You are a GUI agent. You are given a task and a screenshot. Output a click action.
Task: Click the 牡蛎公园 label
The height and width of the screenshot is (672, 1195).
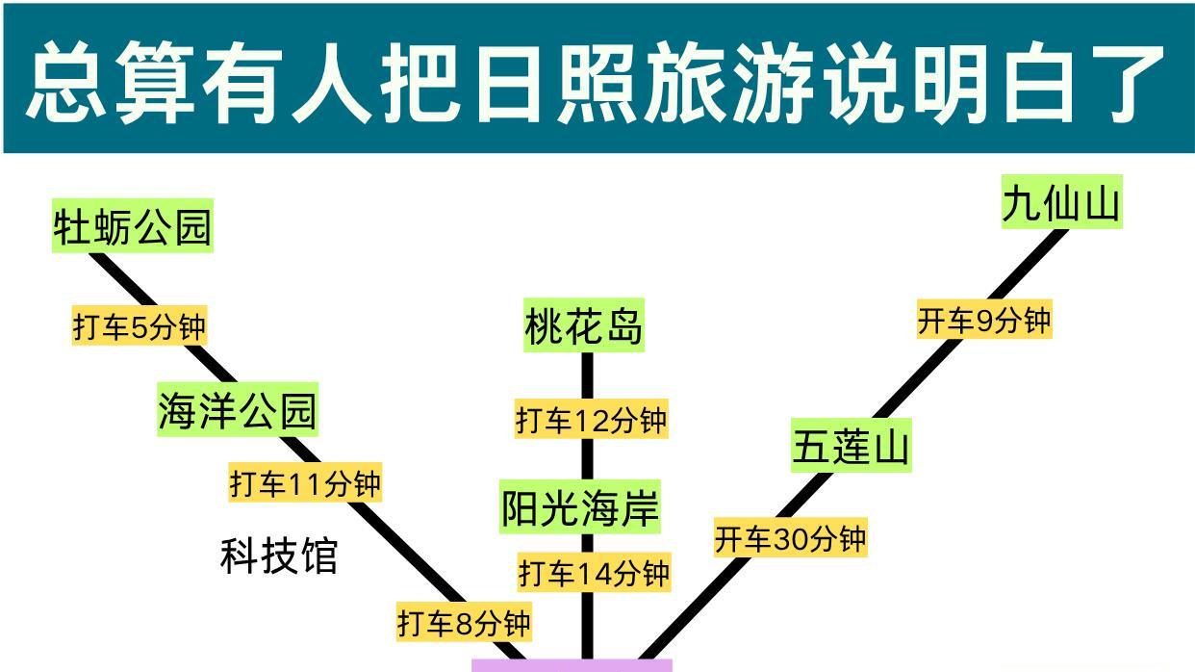[133, 228]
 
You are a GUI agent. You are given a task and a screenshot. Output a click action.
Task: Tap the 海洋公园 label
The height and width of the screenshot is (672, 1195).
[237, 411]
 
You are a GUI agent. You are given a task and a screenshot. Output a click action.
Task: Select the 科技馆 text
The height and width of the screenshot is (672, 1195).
[279, 556]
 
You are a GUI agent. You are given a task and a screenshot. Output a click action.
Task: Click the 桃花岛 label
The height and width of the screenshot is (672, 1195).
[584, 327]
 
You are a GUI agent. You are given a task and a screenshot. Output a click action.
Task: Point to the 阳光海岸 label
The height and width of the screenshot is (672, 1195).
[581, 508]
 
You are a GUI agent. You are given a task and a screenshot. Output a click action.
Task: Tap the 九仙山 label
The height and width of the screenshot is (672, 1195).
[1061, 204]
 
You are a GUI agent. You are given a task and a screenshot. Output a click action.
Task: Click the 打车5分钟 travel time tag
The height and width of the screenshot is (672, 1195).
[140, 327]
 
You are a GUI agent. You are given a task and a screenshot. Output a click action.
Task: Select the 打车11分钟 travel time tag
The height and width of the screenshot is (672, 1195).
[305, 482]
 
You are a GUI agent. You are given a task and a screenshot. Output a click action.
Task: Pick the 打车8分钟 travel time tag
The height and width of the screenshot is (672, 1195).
[464, 623]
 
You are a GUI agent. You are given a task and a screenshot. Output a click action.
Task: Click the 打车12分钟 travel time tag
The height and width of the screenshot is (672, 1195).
[591, 420]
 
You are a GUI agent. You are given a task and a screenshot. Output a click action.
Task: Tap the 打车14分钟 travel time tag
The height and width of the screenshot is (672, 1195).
[594, 574]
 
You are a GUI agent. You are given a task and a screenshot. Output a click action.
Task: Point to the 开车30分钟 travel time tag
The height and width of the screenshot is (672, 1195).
[790, 539]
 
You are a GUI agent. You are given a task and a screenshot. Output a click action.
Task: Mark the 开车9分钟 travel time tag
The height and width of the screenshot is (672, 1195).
[983, 321]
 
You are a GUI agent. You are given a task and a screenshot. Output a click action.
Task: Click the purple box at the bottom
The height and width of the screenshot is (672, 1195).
[572, 665]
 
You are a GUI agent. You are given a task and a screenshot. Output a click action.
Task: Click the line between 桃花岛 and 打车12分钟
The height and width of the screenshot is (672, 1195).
[588, 375]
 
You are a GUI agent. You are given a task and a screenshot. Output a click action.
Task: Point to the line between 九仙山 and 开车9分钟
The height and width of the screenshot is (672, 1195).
[1034, 261]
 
